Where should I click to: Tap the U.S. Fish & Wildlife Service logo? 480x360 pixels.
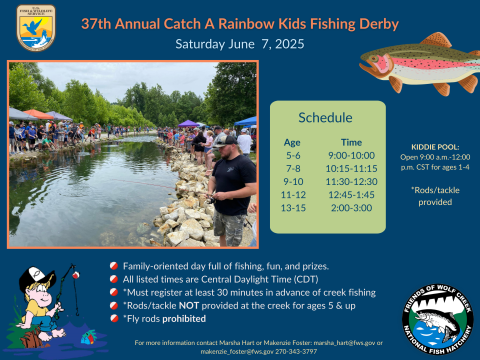click(36, 26)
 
